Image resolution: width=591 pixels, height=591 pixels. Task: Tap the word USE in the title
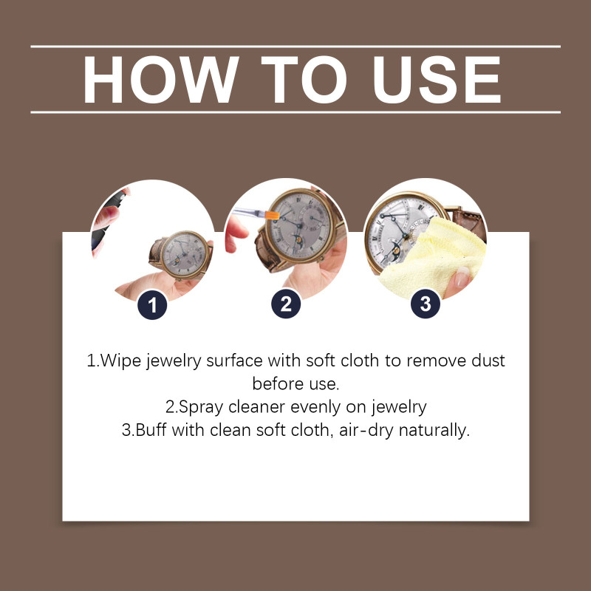pyautogui.click(x=437, y=80)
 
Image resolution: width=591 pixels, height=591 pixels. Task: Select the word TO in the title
pyautogui.click(x=304, y=80)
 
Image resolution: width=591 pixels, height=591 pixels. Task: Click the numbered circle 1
pyautogui.click(x=152, y=305)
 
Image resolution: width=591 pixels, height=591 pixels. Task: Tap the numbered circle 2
pyautogui.click(x=286, y=304)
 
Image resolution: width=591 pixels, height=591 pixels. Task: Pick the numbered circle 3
pyautogui.click(x=426, y=304)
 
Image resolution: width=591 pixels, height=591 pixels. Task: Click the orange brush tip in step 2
pyautogui.click(x=272, y=215)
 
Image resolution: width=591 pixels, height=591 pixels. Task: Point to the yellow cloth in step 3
pyautogui.click(x=434, y=256)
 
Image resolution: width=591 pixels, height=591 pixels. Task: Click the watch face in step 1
pyautogui.click(x=184, y=254)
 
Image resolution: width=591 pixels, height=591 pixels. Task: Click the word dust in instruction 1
pyautogui.click(x=488, y=361)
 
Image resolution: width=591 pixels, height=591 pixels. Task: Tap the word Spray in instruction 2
pyautogui.click(x=200, y=408)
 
